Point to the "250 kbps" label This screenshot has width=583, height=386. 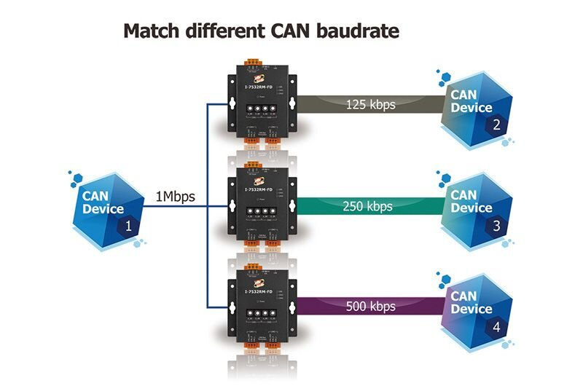point(367,205)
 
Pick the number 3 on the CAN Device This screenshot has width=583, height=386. point(496,226)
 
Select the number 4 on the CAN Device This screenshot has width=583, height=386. point(496,327)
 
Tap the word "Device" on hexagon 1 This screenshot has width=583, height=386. point(103,209)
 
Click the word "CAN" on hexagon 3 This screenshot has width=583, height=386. point(463,194)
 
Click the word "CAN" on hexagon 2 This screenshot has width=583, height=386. point(463,95)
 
